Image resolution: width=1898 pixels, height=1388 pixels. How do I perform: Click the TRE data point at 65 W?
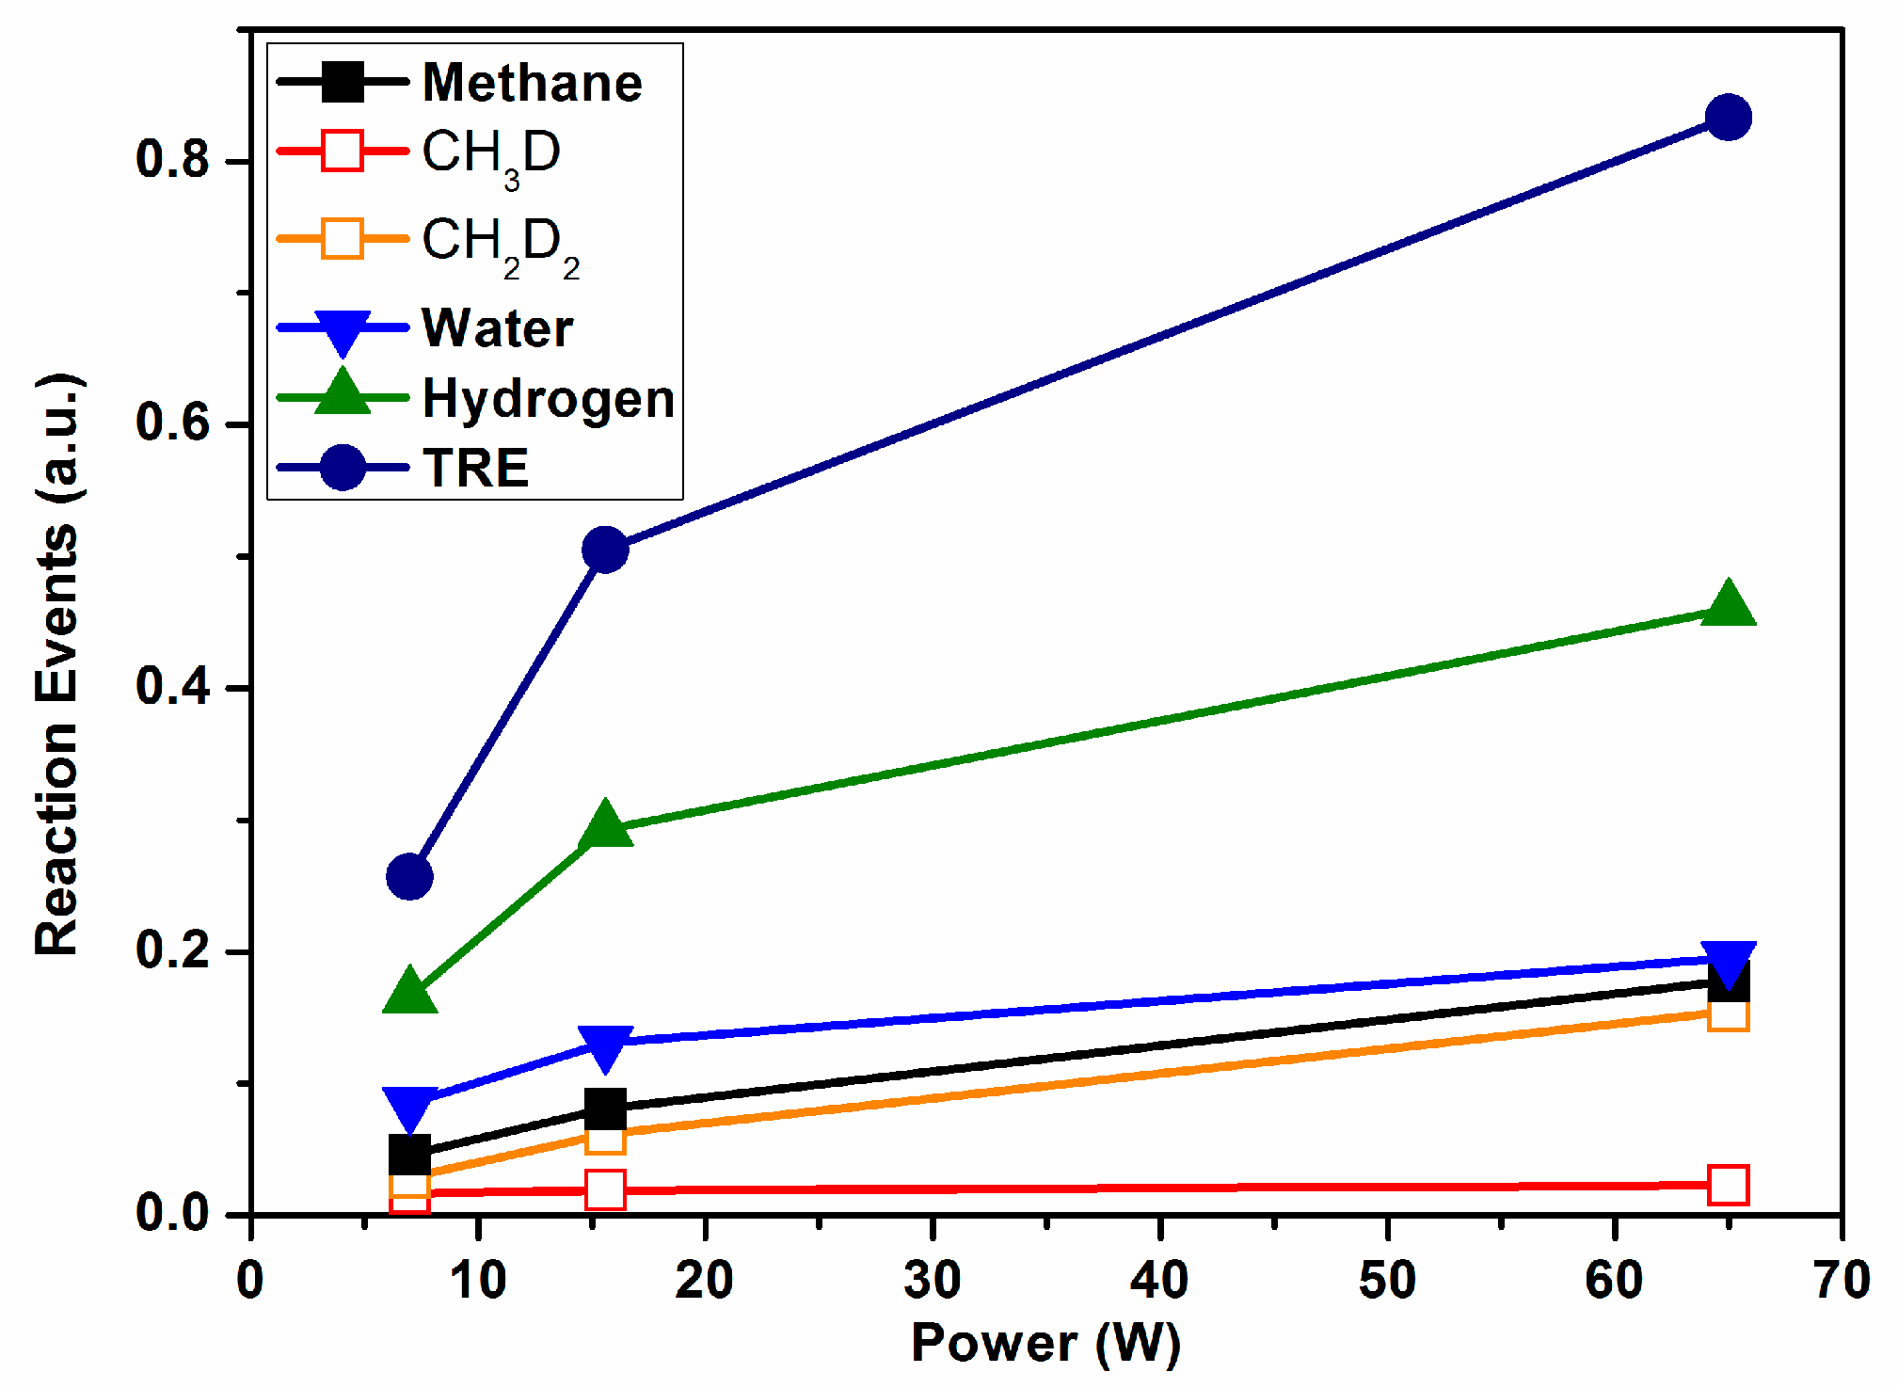[x=1728, y=118]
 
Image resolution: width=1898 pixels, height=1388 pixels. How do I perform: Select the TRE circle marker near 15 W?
[x=605, y=550]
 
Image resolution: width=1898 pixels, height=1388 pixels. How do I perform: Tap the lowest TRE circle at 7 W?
[x=409, y=877]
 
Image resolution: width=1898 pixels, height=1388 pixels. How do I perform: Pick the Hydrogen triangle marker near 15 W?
[x=605, y=826]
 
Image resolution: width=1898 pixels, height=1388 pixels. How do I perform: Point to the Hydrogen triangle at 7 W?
[x=409, y=992]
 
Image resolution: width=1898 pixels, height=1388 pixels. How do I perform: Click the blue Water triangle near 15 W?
[x=605, y=1046]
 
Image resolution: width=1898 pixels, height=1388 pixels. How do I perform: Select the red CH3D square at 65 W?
[x=1728, y=1185]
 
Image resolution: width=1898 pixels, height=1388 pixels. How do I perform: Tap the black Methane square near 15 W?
[x=605, y=1109]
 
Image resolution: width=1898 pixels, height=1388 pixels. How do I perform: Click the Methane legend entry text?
[x=532, y=83]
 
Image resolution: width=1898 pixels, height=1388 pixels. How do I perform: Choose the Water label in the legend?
[x=497, y=328]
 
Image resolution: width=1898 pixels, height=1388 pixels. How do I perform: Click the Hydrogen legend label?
[x=549, y=399]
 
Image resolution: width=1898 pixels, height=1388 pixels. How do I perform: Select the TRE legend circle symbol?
[x=343, y=468]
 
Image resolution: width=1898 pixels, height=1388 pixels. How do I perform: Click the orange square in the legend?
[x=343, y=238]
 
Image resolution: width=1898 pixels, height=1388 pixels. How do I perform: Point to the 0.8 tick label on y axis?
[x=171, y=159]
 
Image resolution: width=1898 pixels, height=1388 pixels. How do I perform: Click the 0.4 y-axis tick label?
[x=171, y=687]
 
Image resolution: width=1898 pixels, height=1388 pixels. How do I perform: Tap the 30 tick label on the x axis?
[x=932, y=1281]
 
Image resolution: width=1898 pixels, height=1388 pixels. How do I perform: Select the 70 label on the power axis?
[x=1841, y=1281]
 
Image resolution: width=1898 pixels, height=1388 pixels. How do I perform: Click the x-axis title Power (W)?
[x=1045, y=1343]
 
